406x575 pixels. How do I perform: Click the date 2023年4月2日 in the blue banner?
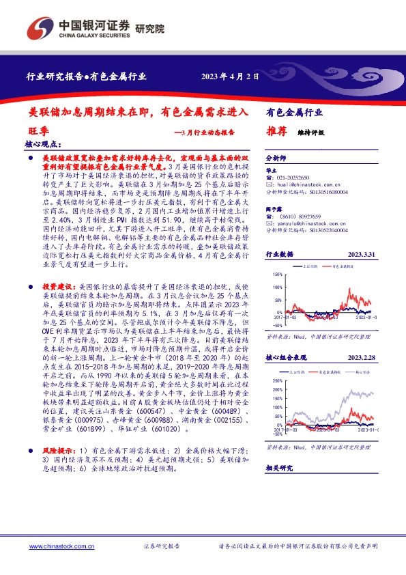point(230,77)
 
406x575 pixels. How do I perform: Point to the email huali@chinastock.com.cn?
point(301,184)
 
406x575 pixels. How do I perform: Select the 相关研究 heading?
point(278,468)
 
